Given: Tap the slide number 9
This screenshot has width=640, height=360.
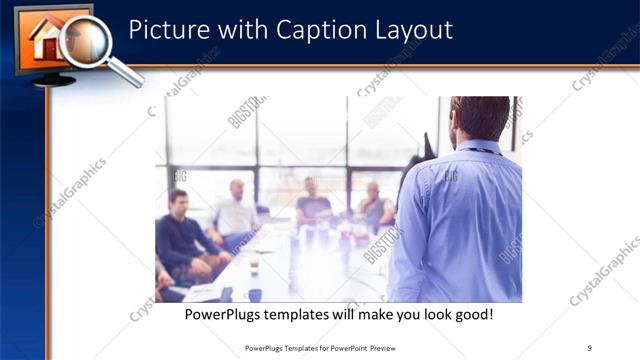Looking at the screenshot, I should click(x=590, y=347).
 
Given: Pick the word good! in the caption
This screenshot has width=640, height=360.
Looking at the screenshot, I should click(x=470, y=315).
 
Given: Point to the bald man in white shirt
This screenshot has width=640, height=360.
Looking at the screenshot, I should click(x=236, y=210).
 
